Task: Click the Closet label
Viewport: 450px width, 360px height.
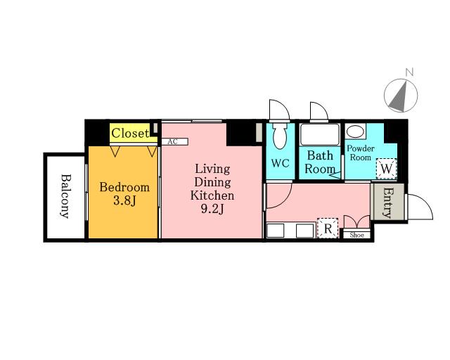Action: (x=130, y=133)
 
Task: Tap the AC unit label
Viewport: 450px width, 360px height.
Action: (x=172, y=141)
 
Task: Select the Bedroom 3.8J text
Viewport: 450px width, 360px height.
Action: (x=124, y=194)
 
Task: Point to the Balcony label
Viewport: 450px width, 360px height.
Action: (x=65, y=196)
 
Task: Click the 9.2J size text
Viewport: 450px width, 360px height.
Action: (x=212, y=210)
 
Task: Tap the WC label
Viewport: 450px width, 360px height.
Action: (x=280, y=163)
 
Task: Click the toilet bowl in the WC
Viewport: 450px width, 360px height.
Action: (x=280, y=136)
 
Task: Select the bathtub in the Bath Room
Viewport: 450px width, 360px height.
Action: (x=319, y=134)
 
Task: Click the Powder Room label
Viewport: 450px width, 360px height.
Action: (x=361, y=153)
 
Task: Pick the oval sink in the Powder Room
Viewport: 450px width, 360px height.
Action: (x=355, y=131)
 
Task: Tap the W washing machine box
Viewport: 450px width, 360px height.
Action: (x=386, y=169)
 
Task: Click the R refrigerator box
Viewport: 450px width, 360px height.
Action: (x=328, y=229)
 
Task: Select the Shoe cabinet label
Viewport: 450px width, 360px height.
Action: (x=356, y=235)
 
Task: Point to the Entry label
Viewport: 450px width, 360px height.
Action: (x=387, y=202)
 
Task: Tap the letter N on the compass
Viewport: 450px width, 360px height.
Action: (x=409, y=72)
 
